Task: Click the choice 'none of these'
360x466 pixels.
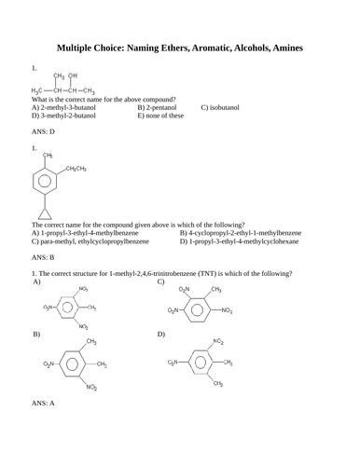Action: [163, 116]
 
